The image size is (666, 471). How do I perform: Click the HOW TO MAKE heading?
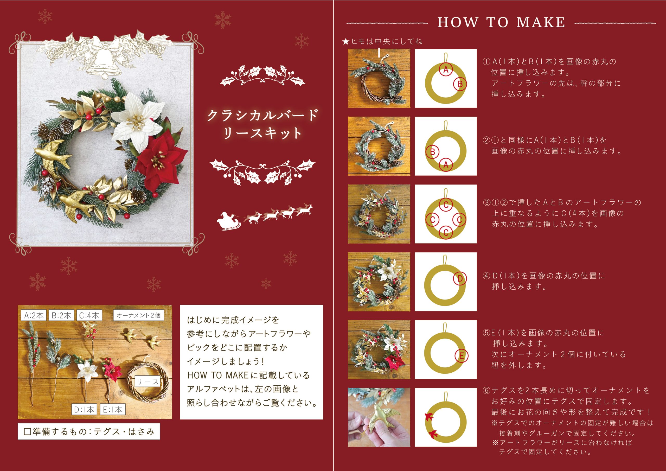501,22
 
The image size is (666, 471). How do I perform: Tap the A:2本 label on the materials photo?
34,315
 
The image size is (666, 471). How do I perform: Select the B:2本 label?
61,315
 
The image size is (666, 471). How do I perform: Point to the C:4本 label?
89,315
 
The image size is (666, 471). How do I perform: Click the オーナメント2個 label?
139,315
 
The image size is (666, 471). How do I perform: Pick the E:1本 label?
113,410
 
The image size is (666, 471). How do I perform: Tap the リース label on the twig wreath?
148,382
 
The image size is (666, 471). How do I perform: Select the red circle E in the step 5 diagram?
461,356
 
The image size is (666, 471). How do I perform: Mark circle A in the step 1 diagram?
446,70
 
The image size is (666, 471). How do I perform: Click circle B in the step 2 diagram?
432,152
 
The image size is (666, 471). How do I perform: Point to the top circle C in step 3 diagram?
446,205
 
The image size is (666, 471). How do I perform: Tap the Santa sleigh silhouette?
228,222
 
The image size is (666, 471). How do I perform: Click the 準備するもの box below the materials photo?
89,431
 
